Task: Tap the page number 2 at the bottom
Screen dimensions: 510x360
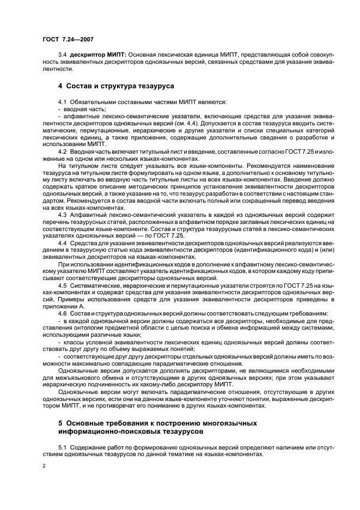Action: click(45, 466)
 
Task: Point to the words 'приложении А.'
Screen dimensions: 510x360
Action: click(61, 306)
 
